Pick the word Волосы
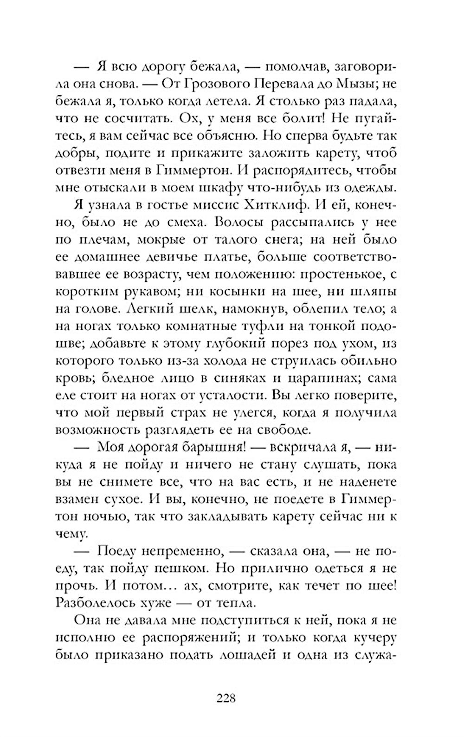(241, 222)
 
